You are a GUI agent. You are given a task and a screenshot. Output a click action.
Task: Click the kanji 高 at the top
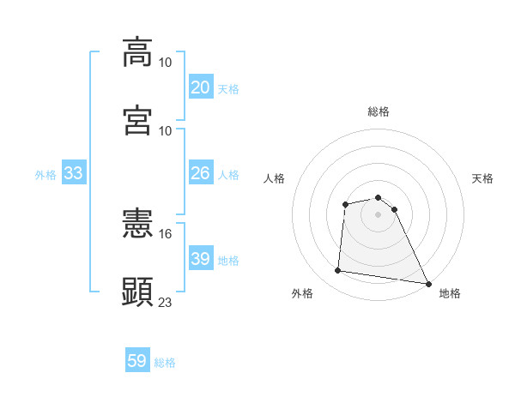pyautogui.click(x=137, y=52)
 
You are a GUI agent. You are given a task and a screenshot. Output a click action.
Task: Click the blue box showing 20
pyautogui.click(x=200, y=87)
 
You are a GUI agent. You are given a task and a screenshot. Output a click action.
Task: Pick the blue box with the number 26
pyautogui.click(x=200, y=173)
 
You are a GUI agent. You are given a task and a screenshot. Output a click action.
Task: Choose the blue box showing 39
pyautogui.click(x=200, y=259)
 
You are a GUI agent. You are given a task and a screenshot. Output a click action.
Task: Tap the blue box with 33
pyautogui.click(x=73, y=173)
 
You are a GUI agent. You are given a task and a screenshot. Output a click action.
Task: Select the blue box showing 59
pyautogui.click(x=137, y=361)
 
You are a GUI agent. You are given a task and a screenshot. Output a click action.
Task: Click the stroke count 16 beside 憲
pyautogui.click(x=166, y=233)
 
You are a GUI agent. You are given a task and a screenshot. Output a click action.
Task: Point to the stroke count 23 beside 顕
pyautogui.click(x=166, y=302)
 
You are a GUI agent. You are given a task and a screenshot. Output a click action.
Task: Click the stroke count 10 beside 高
pyautogui.click(x=166, y=63)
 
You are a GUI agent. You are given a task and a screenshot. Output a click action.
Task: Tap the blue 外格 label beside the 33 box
pyautogui.click(x=45, y=175)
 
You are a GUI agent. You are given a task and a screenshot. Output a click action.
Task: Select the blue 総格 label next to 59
pyautogui.click(x=165, y=363)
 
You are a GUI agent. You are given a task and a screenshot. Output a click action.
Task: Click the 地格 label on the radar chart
pyautogui.click(x=450, y=293)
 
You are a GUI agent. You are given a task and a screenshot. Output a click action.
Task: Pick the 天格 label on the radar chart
pyautogui.click(x=483, y=178)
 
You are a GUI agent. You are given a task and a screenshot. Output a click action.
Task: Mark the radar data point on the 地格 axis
pyautogui.click(x=428, y=283)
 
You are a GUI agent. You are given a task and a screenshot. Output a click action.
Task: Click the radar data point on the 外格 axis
pyautogui.click(x=338, y=271)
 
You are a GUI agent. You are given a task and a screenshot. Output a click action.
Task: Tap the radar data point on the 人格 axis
pyautogui.click(x=345, y=204)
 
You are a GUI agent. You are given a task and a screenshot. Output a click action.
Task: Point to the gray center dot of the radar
pyautogui.click(x=378, y=214)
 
